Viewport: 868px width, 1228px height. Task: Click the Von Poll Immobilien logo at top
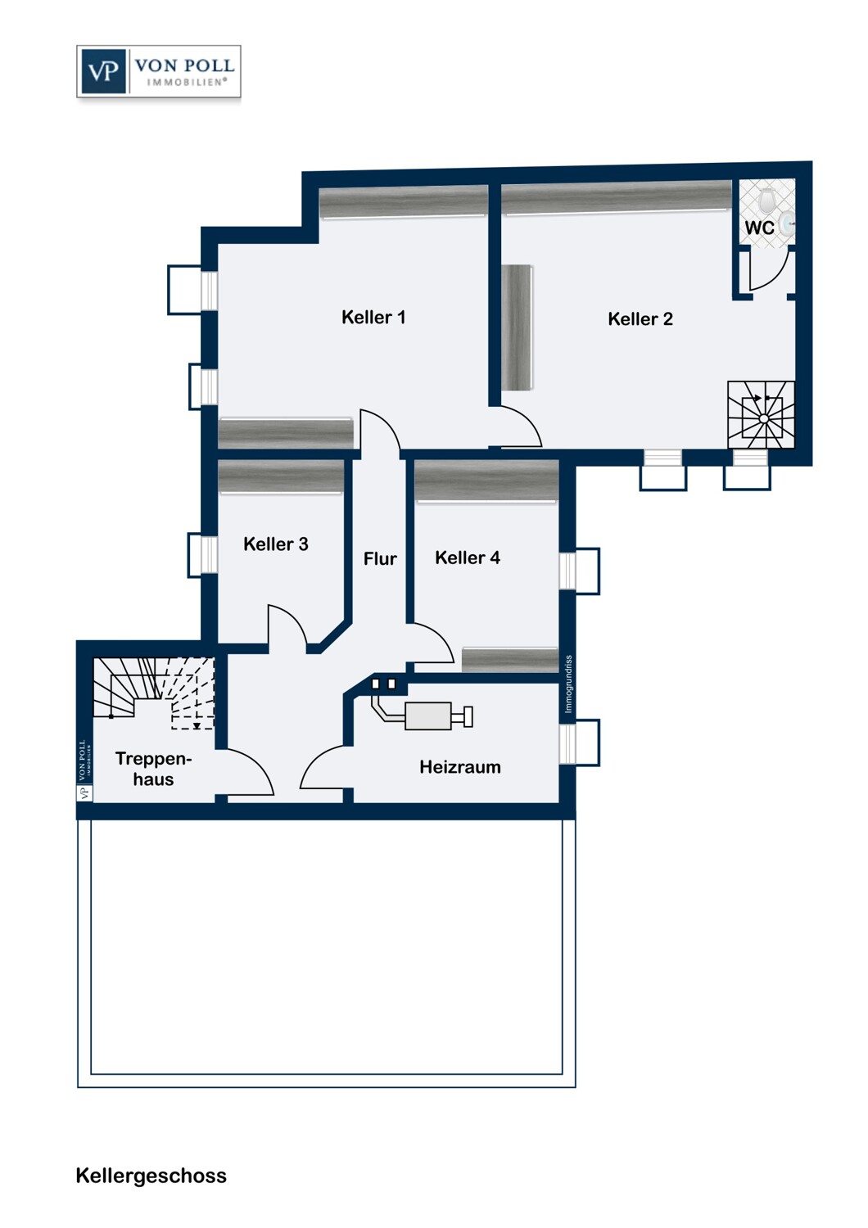click(x=159, y=72)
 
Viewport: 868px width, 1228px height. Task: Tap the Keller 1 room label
click(x=373, y=317)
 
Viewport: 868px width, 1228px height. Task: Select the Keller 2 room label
click(x=640, y=319)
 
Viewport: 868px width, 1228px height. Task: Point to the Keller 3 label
click(x=275, y=544)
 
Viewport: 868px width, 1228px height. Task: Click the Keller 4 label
click(x=467, y=558)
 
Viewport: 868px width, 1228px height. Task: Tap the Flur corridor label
click(x=380, y=559)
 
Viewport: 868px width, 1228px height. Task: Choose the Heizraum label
click(x=459, y=767)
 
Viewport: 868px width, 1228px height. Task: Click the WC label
click(x=758, y=228)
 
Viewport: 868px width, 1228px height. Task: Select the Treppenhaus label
click(x=153, y=769)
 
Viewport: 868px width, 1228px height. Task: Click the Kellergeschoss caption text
click(x=151, y=1176)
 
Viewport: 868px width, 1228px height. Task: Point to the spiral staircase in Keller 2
click(x=761, y=415)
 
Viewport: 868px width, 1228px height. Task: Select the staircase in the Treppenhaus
click(x=153, y=692)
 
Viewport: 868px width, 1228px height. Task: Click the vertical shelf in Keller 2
click(x=517, y=327)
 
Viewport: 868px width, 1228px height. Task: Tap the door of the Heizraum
click(x=323, y=770)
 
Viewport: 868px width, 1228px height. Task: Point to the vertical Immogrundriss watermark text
click(x=568, y=684)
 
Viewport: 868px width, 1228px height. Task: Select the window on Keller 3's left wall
click(x=202, y=555)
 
